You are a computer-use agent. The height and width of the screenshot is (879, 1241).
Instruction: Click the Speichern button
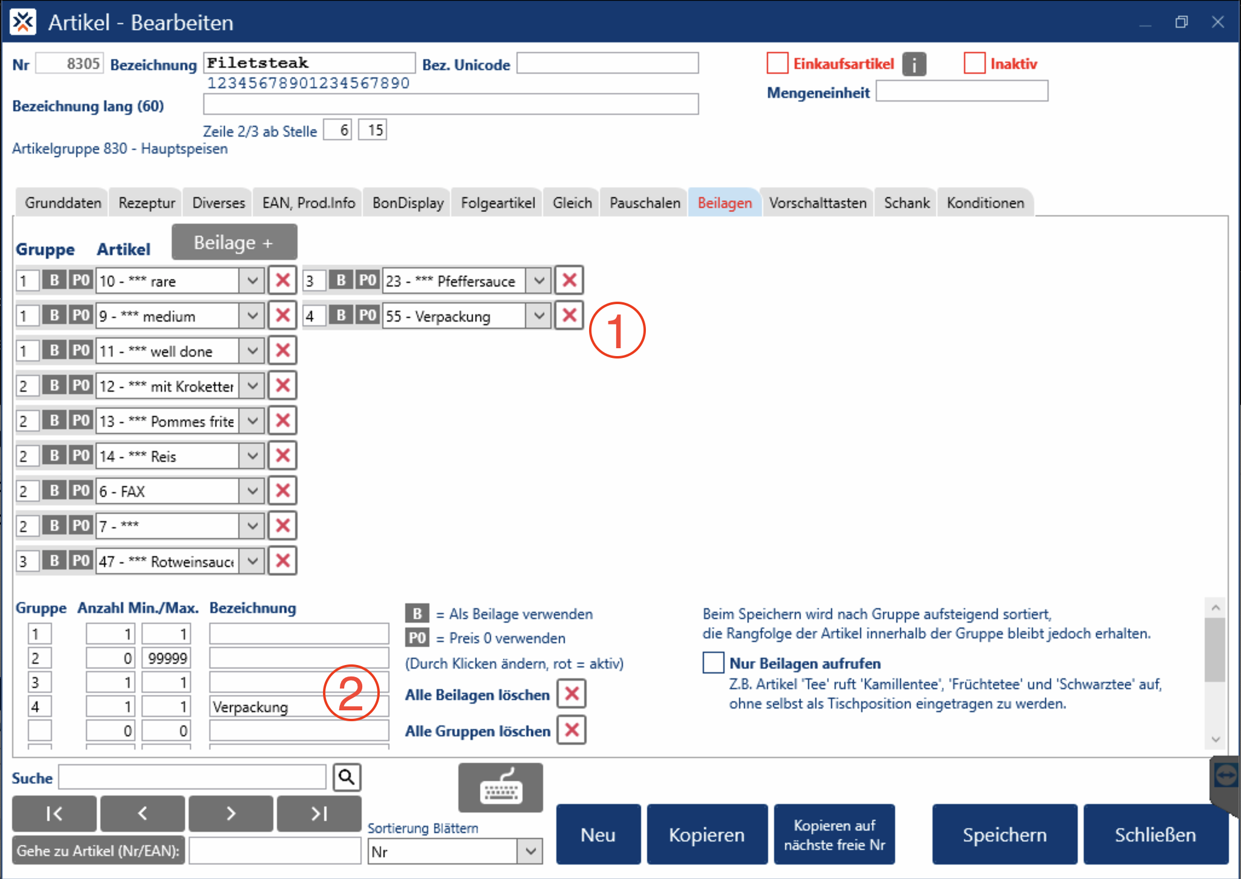[1004, 834]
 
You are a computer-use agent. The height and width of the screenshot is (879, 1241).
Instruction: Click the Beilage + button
[234, 242]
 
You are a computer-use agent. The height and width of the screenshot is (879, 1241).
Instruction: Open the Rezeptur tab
[146, 203]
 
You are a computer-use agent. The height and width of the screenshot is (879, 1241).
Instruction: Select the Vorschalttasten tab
[817, 203]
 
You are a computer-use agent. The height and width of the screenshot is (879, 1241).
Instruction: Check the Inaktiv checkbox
[974, 63]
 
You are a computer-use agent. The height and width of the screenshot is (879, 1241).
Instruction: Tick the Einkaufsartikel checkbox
[777, 63]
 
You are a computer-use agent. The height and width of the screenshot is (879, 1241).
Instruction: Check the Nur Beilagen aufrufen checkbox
[713, 663]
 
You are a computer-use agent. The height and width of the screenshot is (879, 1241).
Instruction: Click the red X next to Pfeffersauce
[569, 281]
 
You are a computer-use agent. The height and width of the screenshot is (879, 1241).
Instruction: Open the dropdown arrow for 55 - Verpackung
[538, 316]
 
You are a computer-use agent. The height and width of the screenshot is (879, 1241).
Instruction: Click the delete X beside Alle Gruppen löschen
[572, 730]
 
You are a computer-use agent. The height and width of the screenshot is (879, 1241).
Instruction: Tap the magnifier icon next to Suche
[347, 777]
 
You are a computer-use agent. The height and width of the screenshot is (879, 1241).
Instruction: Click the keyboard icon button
[500, 788]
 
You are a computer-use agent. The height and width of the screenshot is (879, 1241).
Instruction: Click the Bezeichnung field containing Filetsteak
[309, 63]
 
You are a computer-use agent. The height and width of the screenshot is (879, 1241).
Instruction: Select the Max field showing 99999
[167, 658]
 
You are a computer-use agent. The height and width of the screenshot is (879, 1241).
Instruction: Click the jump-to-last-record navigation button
[319, 814]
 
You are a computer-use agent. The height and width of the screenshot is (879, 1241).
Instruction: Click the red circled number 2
[351, 693]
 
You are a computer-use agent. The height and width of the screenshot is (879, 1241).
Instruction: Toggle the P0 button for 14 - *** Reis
[80, 456]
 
